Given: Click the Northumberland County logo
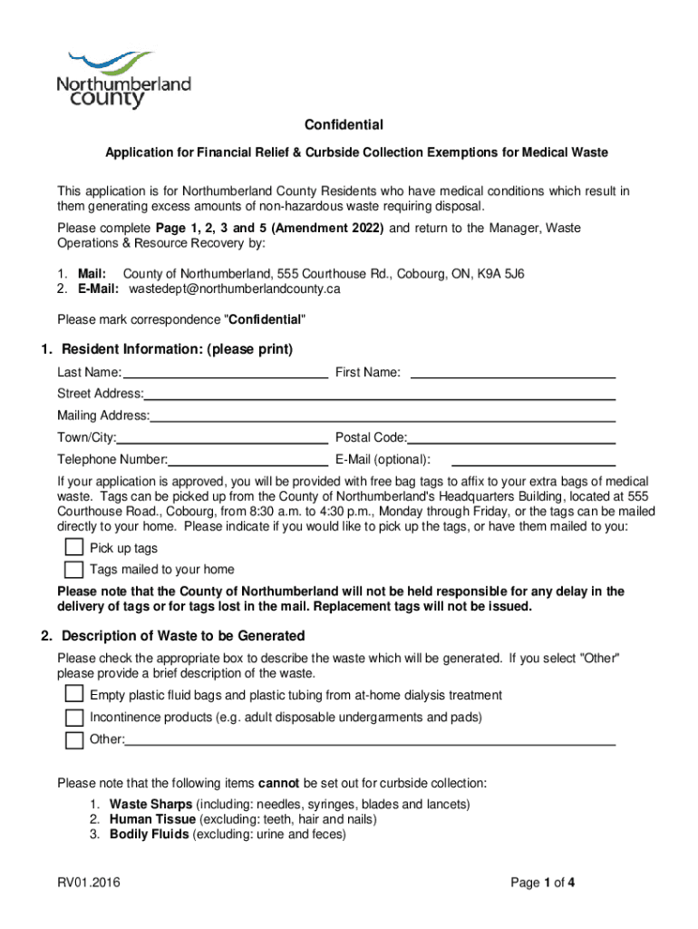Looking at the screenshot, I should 124,80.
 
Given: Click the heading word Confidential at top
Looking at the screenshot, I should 344,125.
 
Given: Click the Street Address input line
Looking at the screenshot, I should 380,394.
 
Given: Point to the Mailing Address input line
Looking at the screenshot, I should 383,416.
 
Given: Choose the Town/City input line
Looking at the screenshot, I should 222,437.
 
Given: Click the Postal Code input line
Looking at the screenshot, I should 511,437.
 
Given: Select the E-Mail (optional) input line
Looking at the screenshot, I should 533,459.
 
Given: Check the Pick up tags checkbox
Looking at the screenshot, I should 73,548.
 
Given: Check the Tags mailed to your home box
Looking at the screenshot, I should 73,570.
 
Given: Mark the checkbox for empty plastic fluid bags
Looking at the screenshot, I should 73,695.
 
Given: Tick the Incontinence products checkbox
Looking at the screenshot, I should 73,718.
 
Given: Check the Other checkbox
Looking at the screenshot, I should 73,739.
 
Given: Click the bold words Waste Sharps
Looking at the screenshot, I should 150,805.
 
